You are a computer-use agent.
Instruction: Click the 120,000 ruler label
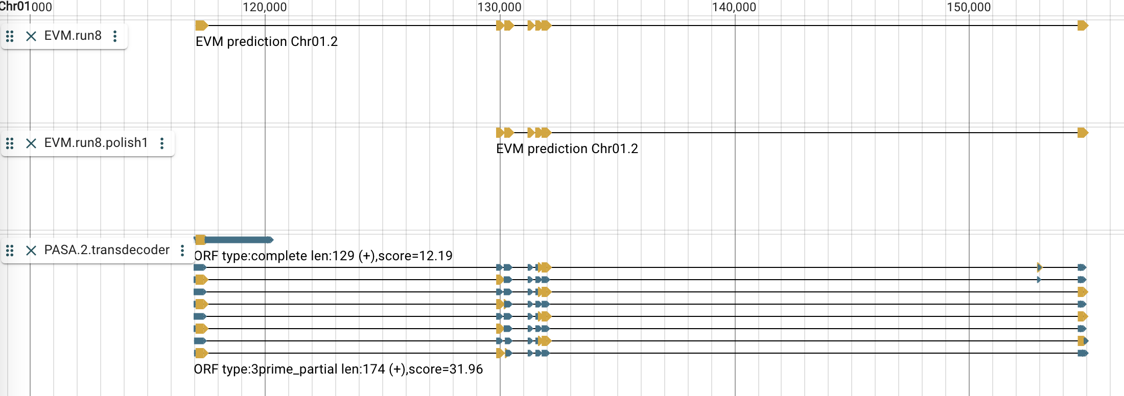(x=264, y=7)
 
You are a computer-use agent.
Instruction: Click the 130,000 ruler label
(x=499, y=7)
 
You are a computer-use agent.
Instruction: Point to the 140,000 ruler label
(x=734, y=7)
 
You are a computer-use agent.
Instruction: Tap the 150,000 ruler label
(x=968, y=7)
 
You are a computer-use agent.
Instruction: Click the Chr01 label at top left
(x=15, y=7)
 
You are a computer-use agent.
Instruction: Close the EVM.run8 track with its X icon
(x=31, y=36)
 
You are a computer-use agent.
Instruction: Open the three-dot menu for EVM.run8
(x=115, y=36)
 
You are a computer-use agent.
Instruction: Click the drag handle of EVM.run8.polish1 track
(x=10, y=143)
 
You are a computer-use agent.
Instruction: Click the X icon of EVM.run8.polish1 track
(x=31, y=143)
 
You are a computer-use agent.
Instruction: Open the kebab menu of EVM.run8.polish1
(x=162, y=143)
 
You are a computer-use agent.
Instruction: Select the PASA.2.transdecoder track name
(x=107, y=250)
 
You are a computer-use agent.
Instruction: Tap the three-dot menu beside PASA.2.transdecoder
(x=182, y=250)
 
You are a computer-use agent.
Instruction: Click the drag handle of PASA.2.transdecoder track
(x=10, y=250)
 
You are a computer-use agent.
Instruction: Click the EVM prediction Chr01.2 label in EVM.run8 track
(x=266, y=42)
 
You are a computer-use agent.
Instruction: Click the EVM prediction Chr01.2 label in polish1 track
(x=567, y=149)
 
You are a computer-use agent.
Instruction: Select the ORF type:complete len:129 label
(x=323, y=256)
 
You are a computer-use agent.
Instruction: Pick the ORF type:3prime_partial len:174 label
(x=338, y=369)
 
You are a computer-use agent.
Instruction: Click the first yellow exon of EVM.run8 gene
(x=201, y=26)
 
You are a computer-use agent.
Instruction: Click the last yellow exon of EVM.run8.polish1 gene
(x=1082, y=133)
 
